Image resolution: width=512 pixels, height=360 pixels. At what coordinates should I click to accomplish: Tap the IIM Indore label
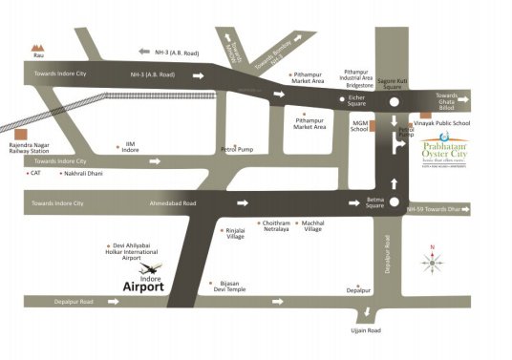(x=129, y=147)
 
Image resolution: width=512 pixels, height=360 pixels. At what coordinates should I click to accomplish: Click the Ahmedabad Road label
(x=173, y=203)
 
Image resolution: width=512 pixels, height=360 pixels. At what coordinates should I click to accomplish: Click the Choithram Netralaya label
(x=269, y=226)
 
